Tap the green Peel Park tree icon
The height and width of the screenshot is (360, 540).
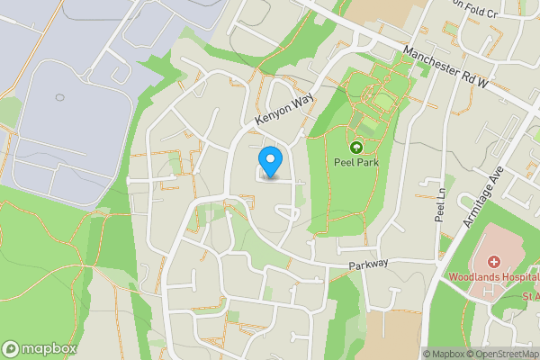click(x=355, y=147)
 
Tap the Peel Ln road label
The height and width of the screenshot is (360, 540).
click(x=440, y=210)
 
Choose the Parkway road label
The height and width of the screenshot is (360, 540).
click(x=369, y=264)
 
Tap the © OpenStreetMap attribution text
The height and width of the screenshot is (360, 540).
click(x=505, y=354)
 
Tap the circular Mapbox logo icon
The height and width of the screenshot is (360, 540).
click(x=11, y=348)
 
